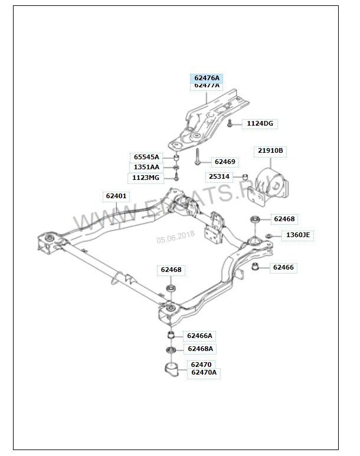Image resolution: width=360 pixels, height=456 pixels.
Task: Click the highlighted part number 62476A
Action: click(x=207, y=78)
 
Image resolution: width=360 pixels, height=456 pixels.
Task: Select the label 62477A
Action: click(x=207, y=86)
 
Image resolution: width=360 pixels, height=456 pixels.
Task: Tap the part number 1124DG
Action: click(x=260, y=123)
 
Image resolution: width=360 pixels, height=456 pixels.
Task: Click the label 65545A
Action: click(x=146, y=157)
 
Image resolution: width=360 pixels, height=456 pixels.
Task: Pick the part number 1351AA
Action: click(x=146, y=167)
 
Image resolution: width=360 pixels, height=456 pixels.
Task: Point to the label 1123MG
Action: click(x=146, y=178)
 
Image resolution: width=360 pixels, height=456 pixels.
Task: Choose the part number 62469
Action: click(x=224, y=162)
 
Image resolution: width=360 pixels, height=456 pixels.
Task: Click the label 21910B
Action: click(x=270, y=151)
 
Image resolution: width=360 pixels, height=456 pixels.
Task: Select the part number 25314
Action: click(x=219, y=176)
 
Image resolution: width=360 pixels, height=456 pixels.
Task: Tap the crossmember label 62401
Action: click(x=116, y=196)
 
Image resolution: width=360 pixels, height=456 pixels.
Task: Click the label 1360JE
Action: click(x=297, y=235)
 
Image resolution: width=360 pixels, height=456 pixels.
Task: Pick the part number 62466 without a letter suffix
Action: click(x=283, y=268)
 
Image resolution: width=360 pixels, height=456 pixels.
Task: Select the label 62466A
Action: click(x=199, y=336)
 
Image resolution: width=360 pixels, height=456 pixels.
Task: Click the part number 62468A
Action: click(x=200, y=349)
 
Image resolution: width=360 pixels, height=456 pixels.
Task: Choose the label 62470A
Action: click(x=204, y=372)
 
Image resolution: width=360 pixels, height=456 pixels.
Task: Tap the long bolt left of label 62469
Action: click(x=198, y=158)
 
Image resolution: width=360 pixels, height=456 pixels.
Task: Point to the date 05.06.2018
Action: click(x=175, y=237)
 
